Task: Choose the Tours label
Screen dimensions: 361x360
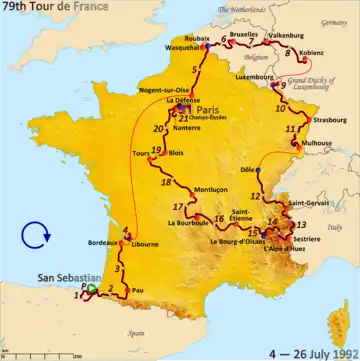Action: coord(141,154)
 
